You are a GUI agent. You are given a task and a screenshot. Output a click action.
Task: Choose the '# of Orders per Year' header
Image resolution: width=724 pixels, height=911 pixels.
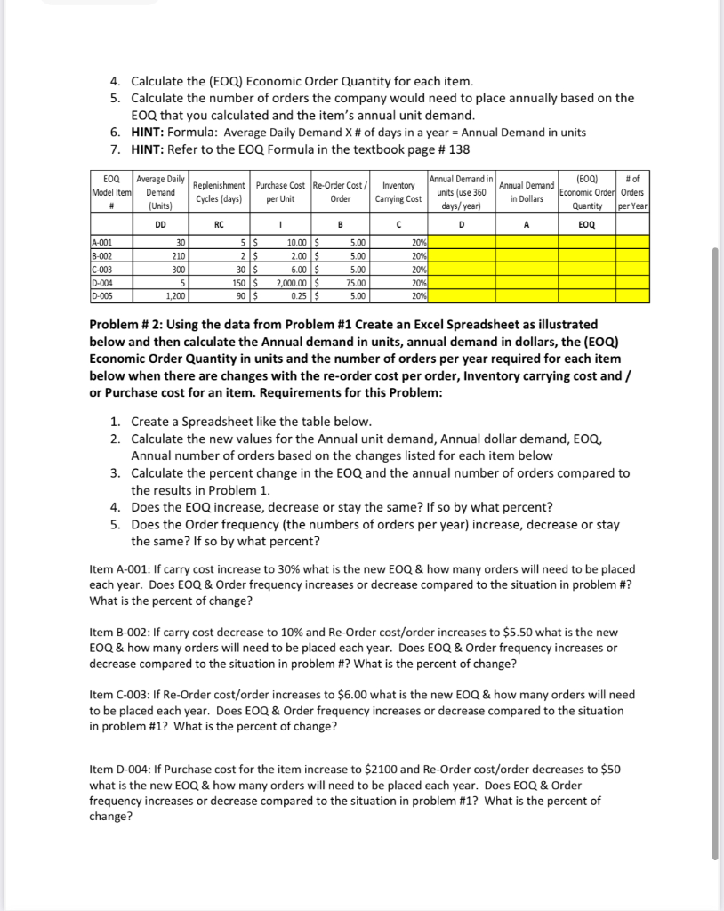pyautogui.click(x=633, y=192)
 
